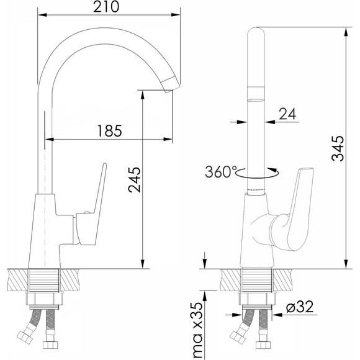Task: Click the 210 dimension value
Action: coord(106,7)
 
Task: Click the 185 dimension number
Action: coord(109,131)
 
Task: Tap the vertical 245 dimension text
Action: coord(134,180)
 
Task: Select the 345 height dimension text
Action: coord(338,148)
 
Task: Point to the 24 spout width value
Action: coord(287,114)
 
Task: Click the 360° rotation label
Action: coord(220,172)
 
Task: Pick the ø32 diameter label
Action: coord(300,307)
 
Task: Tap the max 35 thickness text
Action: coord(197,330)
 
